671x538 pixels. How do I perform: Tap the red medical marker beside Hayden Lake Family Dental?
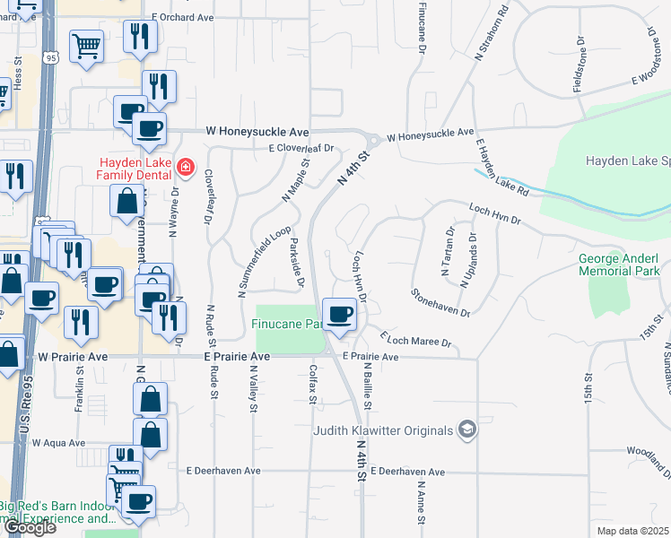pyautogui.click(x=186, y=167)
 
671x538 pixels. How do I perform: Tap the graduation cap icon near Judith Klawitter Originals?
pyautogui.click(x=466, y=430)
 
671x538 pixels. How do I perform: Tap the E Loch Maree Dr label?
pyautogui.click(x=414, y=341)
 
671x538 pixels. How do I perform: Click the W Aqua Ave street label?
pyautogui.click(x=58, y=442)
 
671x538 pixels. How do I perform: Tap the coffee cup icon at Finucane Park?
pyautogui.click(x=340, y=315)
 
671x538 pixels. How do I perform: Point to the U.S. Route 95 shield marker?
pyautogui.click(x=49, y=58)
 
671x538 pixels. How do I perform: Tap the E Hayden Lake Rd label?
pyautogui.click(x=501, y=168)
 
